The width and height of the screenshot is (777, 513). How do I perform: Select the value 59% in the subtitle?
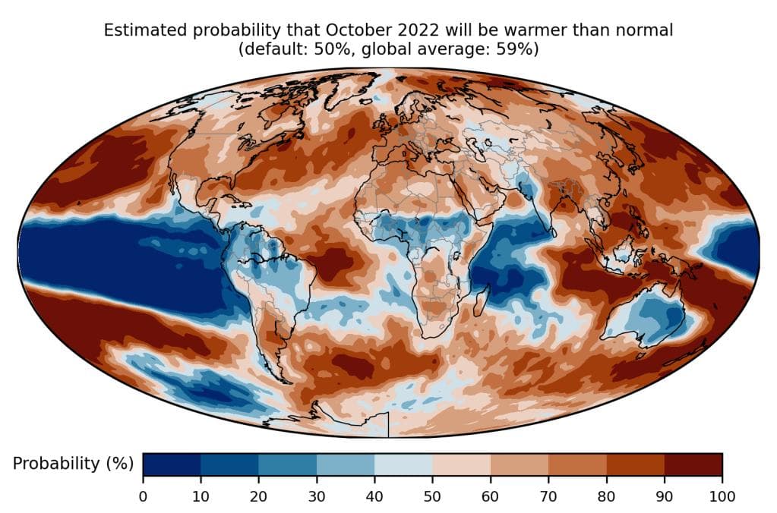(517, 49)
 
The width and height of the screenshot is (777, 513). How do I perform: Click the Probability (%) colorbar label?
(73, 463)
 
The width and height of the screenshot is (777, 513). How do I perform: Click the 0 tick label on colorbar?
(143, 496)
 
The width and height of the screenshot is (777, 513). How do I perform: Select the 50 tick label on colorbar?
(432, 496)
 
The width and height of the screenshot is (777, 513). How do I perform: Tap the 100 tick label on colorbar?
(722, 496)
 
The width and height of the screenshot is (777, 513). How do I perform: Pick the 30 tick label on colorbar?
(316, 496)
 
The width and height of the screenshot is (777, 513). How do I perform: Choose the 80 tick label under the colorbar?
(606, 496)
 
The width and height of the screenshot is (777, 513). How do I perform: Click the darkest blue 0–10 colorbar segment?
(172, 464)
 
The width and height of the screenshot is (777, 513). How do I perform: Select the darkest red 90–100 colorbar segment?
(693, 464)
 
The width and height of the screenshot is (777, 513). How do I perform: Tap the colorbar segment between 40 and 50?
(403, 464)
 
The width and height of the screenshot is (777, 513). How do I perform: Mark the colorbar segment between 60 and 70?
(519, 464)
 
